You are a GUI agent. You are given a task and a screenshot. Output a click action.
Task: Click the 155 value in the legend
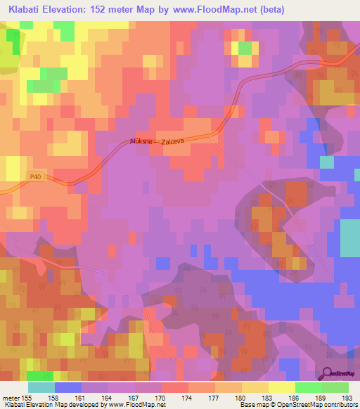coord(33,397)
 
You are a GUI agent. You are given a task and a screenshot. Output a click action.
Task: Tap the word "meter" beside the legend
coord(12,397)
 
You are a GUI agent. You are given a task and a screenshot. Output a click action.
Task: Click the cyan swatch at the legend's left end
coord(41,387)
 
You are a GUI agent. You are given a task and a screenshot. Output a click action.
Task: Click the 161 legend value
coord(85,397)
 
